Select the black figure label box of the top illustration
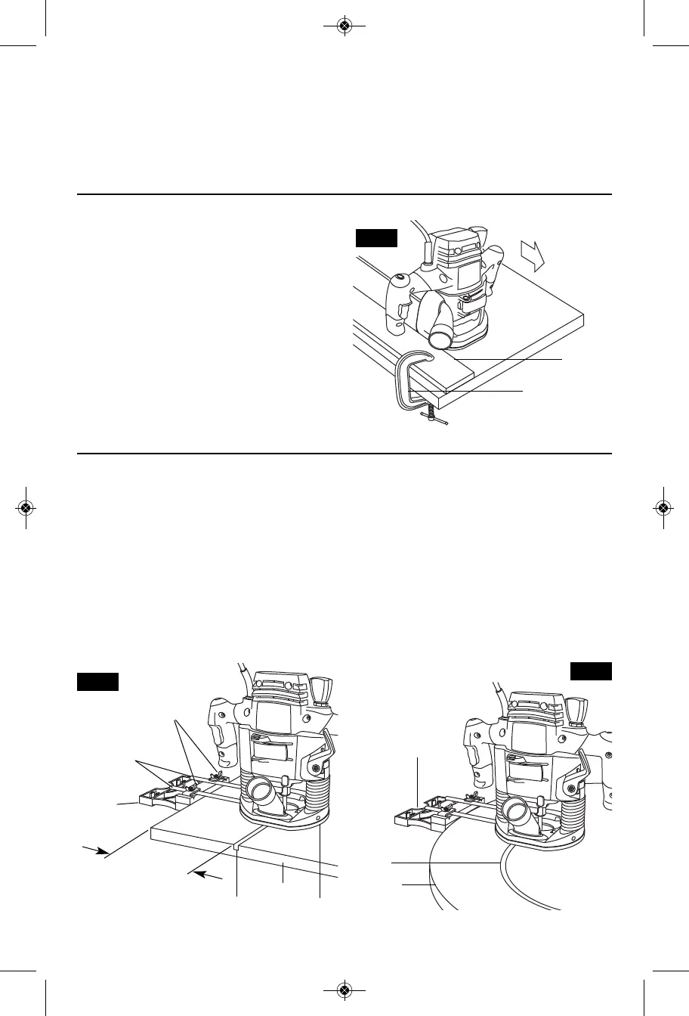[x=376, y=239]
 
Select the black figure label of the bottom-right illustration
[x=591, y=671]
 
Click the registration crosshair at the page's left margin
[x=26, y=507]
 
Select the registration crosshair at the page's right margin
[x=663, y=507]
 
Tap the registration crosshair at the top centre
[x=344, y=26]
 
